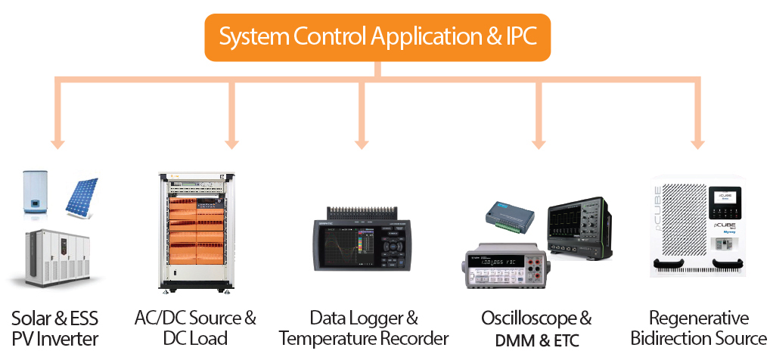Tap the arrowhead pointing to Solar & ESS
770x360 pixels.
pos(55,142)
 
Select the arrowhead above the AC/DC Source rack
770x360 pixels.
pos(231,142)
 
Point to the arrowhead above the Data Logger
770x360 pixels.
pos(362,142)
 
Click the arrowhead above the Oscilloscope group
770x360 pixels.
pos(539,142)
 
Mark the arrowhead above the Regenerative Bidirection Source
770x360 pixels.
pos(696,142)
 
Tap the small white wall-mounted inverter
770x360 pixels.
pos(36,193)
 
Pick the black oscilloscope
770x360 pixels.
pos(579,225)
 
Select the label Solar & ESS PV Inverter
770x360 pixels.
pos(55,327)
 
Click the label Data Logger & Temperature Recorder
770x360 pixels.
pos(364,327)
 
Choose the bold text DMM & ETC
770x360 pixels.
pos(538,340)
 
